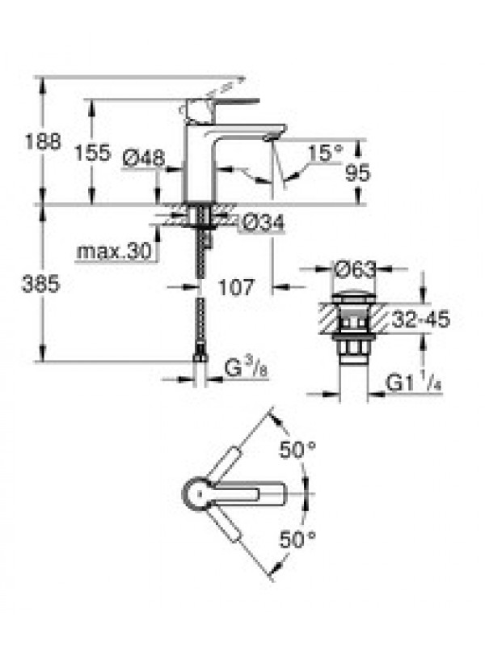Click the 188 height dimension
[x=43, y=142]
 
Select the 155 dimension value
[x=93, y=153]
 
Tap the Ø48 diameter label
[x=144, y=158]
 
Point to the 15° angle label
[x=326, y=153]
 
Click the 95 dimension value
[x=357, y=173]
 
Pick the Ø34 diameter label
[x=264, y=223]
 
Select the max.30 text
[x=114, y=251]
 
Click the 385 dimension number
[x=41, y=284]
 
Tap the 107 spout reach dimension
[x=236, y=287]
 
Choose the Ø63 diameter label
[x=356, y=269]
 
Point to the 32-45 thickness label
[x=420, y=319]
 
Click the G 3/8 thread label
[x=247, y=369]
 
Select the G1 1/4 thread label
[x=413, y=383]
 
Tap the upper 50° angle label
[x=297, y=450]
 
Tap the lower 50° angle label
[x=297, y=539]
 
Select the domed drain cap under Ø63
[x=356, y=296]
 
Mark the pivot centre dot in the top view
[x=200, y=493]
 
